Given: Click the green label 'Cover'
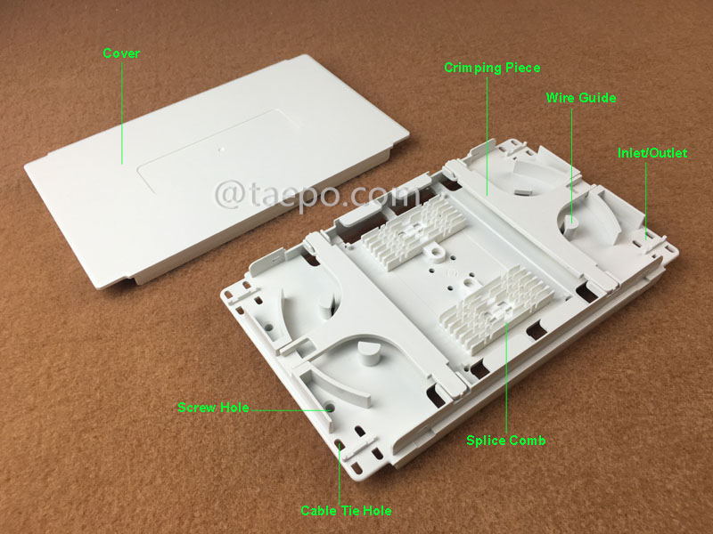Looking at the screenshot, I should (121, 53).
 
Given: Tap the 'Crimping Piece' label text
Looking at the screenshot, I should (493, 68).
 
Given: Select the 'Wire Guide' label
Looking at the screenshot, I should (581, 98).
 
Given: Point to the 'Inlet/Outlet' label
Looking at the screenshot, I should (652, 153).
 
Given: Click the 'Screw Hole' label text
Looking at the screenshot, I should (213, 408).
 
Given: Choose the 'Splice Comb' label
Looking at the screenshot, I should (506, 441).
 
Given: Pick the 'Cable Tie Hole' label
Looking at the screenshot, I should (346, 510).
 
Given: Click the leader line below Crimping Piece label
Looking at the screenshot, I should (488, 133).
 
